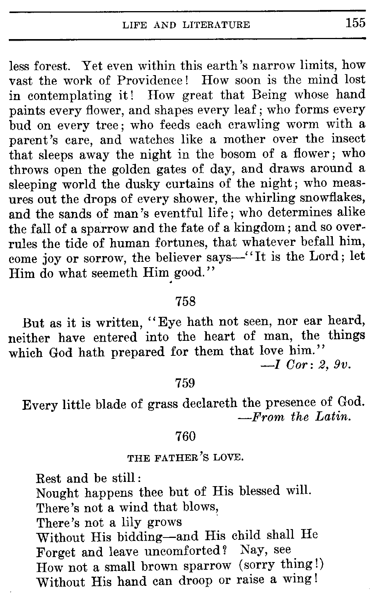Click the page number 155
[355, 23]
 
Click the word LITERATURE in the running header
[216, 25]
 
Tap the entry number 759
[185, 383]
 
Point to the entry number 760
[185, 436]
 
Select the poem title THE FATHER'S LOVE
[185, 457]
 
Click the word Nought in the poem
[57, 493]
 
